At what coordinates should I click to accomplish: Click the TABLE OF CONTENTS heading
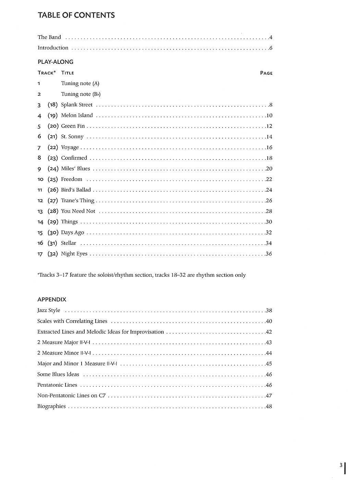[76, 15]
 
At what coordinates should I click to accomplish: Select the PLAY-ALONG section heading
[55, 62]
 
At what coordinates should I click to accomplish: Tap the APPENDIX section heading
[52, 299]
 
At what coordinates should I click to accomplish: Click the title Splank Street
[77, 105]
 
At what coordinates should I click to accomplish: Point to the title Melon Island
[77, 115]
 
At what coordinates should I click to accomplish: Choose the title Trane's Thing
[77, 201]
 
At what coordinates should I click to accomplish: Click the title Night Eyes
[74, 254]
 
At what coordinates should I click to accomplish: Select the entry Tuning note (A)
[80, 83]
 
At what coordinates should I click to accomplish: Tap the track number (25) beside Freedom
[53, 179]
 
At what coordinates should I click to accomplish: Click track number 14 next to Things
[40, 222]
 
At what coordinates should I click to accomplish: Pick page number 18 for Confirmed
[269, 158]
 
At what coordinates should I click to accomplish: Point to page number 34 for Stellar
[269, 243]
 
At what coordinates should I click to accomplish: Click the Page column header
[266, 73]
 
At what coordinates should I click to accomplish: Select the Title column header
[68, 73]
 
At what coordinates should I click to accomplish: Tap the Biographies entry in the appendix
[51, 406]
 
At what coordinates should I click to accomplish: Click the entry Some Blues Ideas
[58, 374]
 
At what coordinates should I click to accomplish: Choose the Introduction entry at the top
[53, 48]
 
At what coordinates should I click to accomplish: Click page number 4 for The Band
[271, 37]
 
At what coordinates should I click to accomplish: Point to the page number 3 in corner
[341, 465]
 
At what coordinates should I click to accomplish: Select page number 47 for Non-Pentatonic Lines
[269, 396]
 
